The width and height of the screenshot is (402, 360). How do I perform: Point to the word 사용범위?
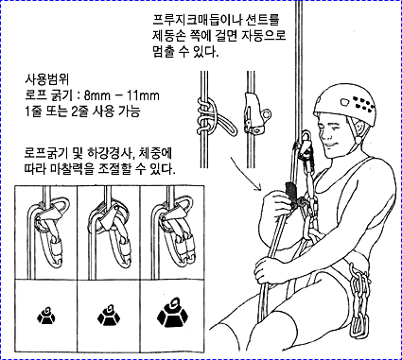(47, 79)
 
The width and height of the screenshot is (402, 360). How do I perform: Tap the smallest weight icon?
(46, 316)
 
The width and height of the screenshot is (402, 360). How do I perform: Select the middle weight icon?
(109, 315)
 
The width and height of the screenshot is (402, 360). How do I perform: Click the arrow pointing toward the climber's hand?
(246, 174)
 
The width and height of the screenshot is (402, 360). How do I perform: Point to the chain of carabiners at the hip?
(359, 300)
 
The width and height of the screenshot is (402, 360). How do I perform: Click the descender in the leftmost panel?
(52, 230)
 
